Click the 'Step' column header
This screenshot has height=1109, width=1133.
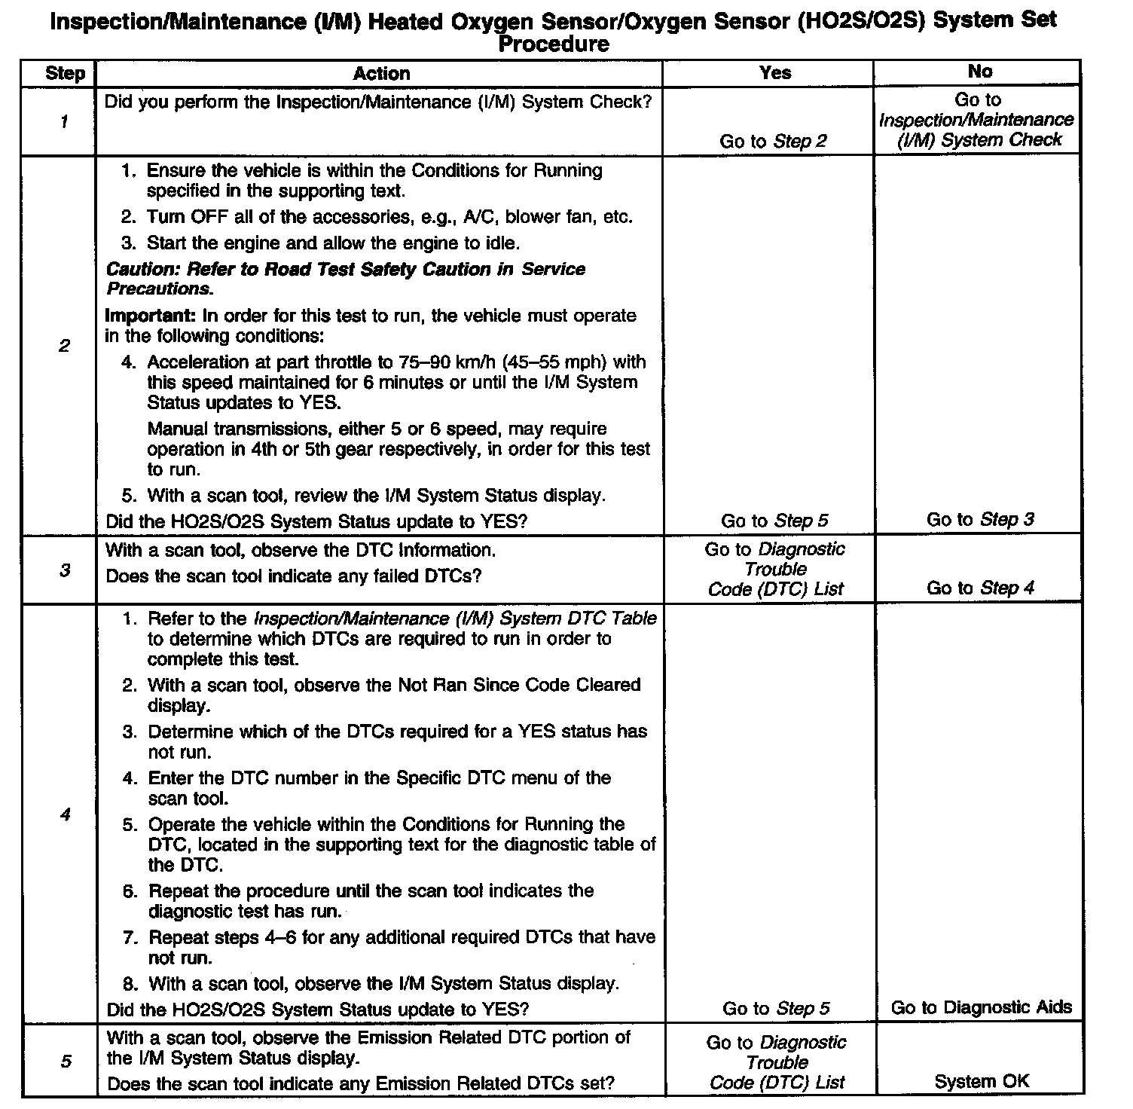coord(65,73)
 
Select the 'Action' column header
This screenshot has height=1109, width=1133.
coord(381,73)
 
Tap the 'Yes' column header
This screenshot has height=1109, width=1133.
coord(775,72)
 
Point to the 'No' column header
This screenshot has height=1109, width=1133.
coord(979,72)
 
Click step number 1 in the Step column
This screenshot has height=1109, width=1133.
coord(64,121)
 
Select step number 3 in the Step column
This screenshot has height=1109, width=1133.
coord(65,570)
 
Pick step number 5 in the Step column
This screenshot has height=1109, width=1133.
coord(66,1062)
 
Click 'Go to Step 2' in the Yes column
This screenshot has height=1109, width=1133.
coord(773,141)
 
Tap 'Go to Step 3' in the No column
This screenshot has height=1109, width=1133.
coord(980,519)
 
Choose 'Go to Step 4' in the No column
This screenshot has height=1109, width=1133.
coord(980,588)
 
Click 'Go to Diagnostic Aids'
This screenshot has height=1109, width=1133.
coord(981,1007)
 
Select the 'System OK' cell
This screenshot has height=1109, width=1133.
coord(981,1082)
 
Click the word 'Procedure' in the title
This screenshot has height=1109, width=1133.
coord(554,44)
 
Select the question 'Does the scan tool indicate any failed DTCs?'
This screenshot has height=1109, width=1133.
coord(293,576)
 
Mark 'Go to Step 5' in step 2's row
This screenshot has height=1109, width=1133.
coord(774,521)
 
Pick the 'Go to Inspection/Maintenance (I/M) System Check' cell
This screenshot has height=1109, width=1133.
coord(977,120)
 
